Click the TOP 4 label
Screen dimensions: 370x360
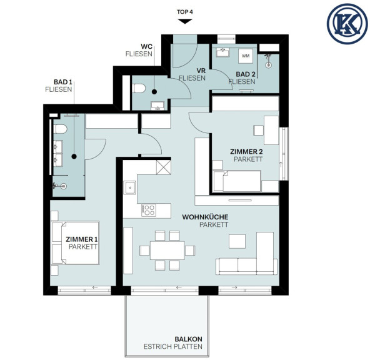coord(185,12)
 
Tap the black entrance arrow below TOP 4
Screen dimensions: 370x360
coord(185,21)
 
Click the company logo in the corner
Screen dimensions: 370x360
coord(347,24)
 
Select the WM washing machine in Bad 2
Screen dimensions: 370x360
coord(246,56)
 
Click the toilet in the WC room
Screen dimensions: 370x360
coord(139,88)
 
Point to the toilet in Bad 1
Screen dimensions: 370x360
coord(61,129)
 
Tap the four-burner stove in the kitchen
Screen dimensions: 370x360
coord(148,210)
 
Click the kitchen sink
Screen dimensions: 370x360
coord(130,187)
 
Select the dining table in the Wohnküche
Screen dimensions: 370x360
coord(167,250)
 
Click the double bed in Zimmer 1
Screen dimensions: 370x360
coord(75,242)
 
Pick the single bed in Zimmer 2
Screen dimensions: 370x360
coord(237,181)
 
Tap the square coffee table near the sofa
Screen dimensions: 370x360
coord(237,241)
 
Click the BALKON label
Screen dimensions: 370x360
coord(188,339)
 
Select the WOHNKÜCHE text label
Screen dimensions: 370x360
coord(205,217)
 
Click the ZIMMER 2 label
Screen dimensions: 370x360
coord(246,151)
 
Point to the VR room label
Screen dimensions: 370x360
coord(201,71)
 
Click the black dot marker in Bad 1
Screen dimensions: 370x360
coord(74,156)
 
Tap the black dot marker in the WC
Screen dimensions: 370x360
coord(154,92)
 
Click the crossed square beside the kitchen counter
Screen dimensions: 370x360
coord(164,167)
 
